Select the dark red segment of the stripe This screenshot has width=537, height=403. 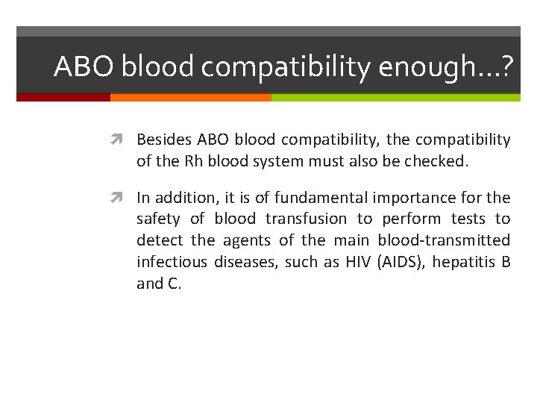click(x=63, y=97)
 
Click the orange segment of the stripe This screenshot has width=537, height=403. click(x=190, y=97)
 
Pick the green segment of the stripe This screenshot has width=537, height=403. click(x=395, y=97)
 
